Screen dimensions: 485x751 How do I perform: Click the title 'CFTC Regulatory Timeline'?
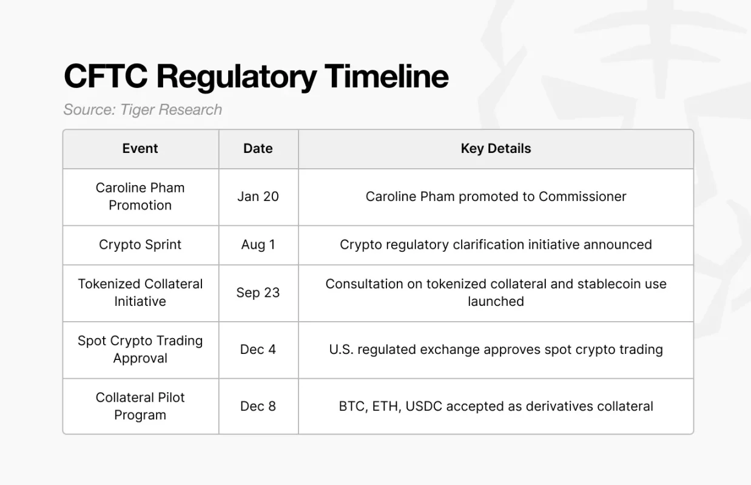[255, 77]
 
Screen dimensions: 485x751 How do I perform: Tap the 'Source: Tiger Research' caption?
[143, 110]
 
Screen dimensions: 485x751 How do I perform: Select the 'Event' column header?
[140, 149]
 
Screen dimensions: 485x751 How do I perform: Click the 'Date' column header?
[258, 149]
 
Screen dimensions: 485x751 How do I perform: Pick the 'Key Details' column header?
[496, 149]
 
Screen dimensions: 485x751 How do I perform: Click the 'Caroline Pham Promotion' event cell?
[140, 197]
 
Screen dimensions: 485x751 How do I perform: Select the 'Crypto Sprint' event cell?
[140, 245]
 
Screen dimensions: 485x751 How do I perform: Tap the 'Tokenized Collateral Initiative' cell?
[140, 293]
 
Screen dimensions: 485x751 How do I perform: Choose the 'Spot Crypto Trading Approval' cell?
[140, 350]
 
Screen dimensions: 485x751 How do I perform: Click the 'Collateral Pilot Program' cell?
[140, 406]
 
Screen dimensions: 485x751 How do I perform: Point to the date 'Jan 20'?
[258, 197]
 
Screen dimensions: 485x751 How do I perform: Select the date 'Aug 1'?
[258, 245]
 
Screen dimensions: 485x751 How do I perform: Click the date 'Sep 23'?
[258, 293]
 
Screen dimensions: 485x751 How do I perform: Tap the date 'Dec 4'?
[258, 350]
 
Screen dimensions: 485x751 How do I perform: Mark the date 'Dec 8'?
[258, 406]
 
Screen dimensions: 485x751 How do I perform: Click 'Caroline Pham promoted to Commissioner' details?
[496, 197]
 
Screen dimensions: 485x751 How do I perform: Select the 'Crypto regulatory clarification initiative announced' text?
[496, 245]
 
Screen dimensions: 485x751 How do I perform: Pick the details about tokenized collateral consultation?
[496, 293]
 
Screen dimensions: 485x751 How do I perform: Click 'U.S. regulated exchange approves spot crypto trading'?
[496, 350]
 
